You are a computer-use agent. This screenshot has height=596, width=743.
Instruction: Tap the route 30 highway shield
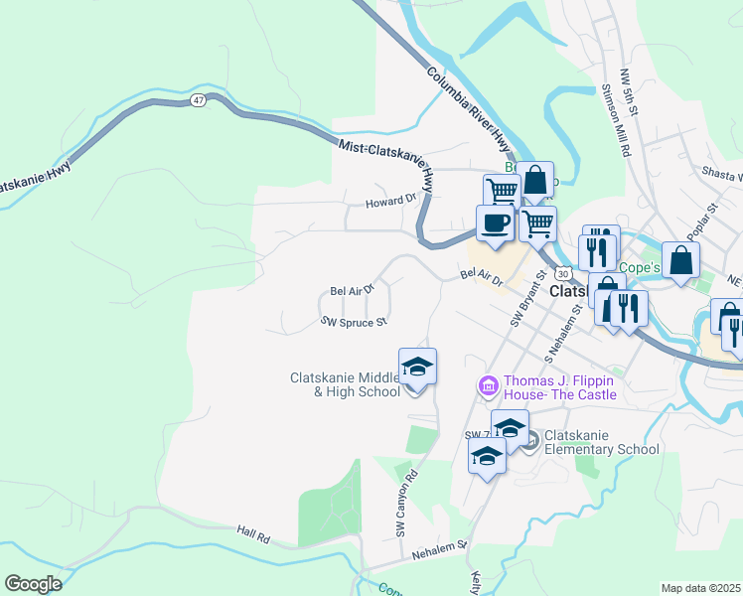click(563, 272)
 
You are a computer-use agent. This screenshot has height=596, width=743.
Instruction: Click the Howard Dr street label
click(389, 199)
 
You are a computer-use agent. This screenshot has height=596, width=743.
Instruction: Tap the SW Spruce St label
click(353, 321)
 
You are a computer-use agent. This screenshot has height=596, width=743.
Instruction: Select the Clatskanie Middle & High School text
click(345, 384)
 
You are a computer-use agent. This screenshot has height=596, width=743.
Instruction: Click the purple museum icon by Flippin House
click(488, 384)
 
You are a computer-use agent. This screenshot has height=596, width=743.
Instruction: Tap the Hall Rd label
click(253, 533)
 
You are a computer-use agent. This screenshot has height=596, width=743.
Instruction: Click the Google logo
click(34, 584)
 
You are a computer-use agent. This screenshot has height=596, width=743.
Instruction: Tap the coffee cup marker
click(495, 223)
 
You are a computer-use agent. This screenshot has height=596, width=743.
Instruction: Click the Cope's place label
click(640, 267)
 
